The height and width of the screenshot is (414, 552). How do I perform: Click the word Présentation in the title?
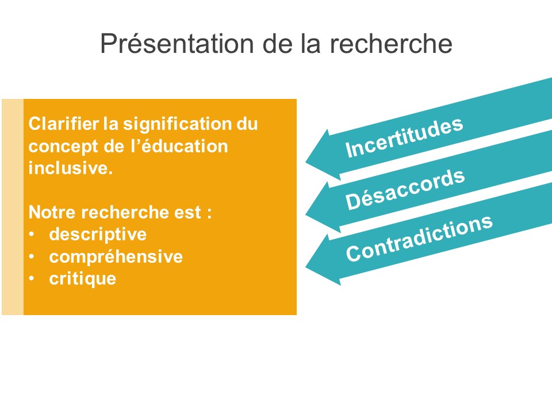177,44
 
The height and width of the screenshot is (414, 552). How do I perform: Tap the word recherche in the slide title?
391,44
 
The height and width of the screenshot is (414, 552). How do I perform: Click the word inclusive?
70,168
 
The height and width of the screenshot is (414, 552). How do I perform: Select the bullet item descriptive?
98,235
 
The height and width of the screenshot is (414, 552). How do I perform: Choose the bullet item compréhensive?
116,257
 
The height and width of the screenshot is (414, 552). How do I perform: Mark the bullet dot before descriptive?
32,235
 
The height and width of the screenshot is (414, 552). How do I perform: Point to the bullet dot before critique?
32,279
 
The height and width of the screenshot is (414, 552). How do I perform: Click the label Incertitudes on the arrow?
404,137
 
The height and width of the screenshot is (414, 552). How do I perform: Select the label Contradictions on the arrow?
419,238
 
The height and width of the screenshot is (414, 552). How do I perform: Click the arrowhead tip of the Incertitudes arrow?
305,162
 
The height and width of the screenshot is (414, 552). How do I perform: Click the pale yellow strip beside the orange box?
13,207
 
